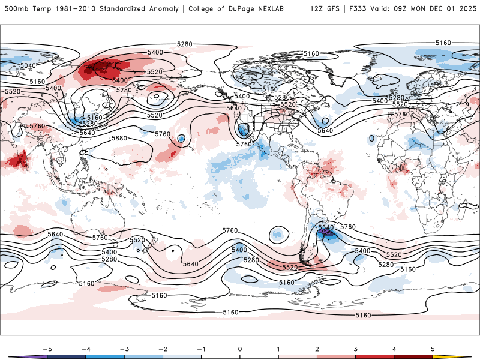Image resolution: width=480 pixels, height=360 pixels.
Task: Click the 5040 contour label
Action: [x=28, y=65]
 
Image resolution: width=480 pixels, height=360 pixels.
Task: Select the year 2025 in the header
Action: [x=465, y=10]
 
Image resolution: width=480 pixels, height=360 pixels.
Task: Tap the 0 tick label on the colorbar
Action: [x=240, y=349]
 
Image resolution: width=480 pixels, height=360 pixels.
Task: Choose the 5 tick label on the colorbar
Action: [x=433, y=349]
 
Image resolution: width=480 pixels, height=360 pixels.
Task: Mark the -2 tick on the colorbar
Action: [x=162, y=349]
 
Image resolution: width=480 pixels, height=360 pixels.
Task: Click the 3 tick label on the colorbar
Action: [x=356, y=349]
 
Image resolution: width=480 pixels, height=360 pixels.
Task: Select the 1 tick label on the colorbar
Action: [x=278, y=349]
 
